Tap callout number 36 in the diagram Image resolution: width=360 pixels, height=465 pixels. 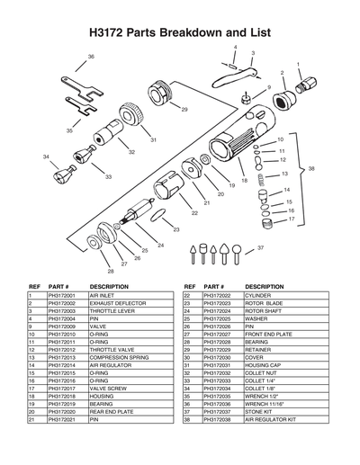(x=91, y=57)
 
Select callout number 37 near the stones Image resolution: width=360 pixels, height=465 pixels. (x=260, y=246)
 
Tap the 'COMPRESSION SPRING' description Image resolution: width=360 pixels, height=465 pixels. (x=117, y=357)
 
